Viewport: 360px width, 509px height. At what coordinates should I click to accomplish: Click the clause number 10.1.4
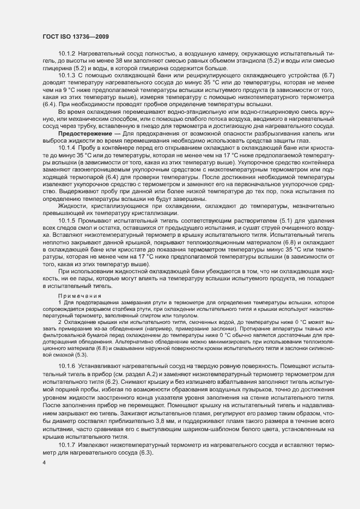tap(66, 148)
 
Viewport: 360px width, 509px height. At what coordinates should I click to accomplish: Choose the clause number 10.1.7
tap(66, 444)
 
